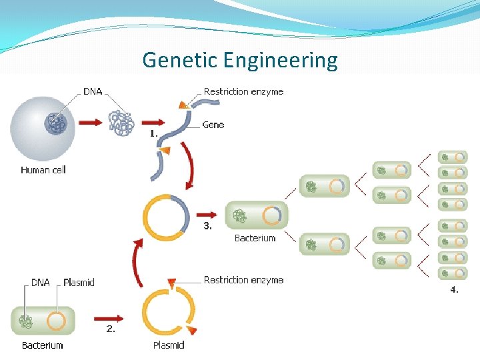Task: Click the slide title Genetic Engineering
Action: tap(239, 61)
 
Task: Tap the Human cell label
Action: tap(43, 170)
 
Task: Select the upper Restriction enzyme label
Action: tap(243, 91)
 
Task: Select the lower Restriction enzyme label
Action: tap(243, 280)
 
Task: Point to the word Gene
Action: tap(213, 125)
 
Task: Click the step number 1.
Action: tap(153, 133)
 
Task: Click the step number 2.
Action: tap(111, 328)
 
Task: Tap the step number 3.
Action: tap(208, 226)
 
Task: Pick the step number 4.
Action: tap(454, 289)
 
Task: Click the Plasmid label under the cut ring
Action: tap(169, 345)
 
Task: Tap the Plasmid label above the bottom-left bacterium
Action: tap(79, 283)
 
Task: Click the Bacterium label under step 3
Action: tap(255, 238)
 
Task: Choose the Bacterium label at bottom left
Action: tap(42, 345)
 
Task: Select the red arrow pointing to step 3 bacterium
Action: tap(208, 215)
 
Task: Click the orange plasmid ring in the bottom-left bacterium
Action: tap(56, 322)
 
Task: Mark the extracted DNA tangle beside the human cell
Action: tap(121, 123)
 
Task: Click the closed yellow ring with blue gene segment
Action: tap(166, 217)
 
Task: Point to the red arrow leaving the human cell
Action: tap(90, 123)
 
